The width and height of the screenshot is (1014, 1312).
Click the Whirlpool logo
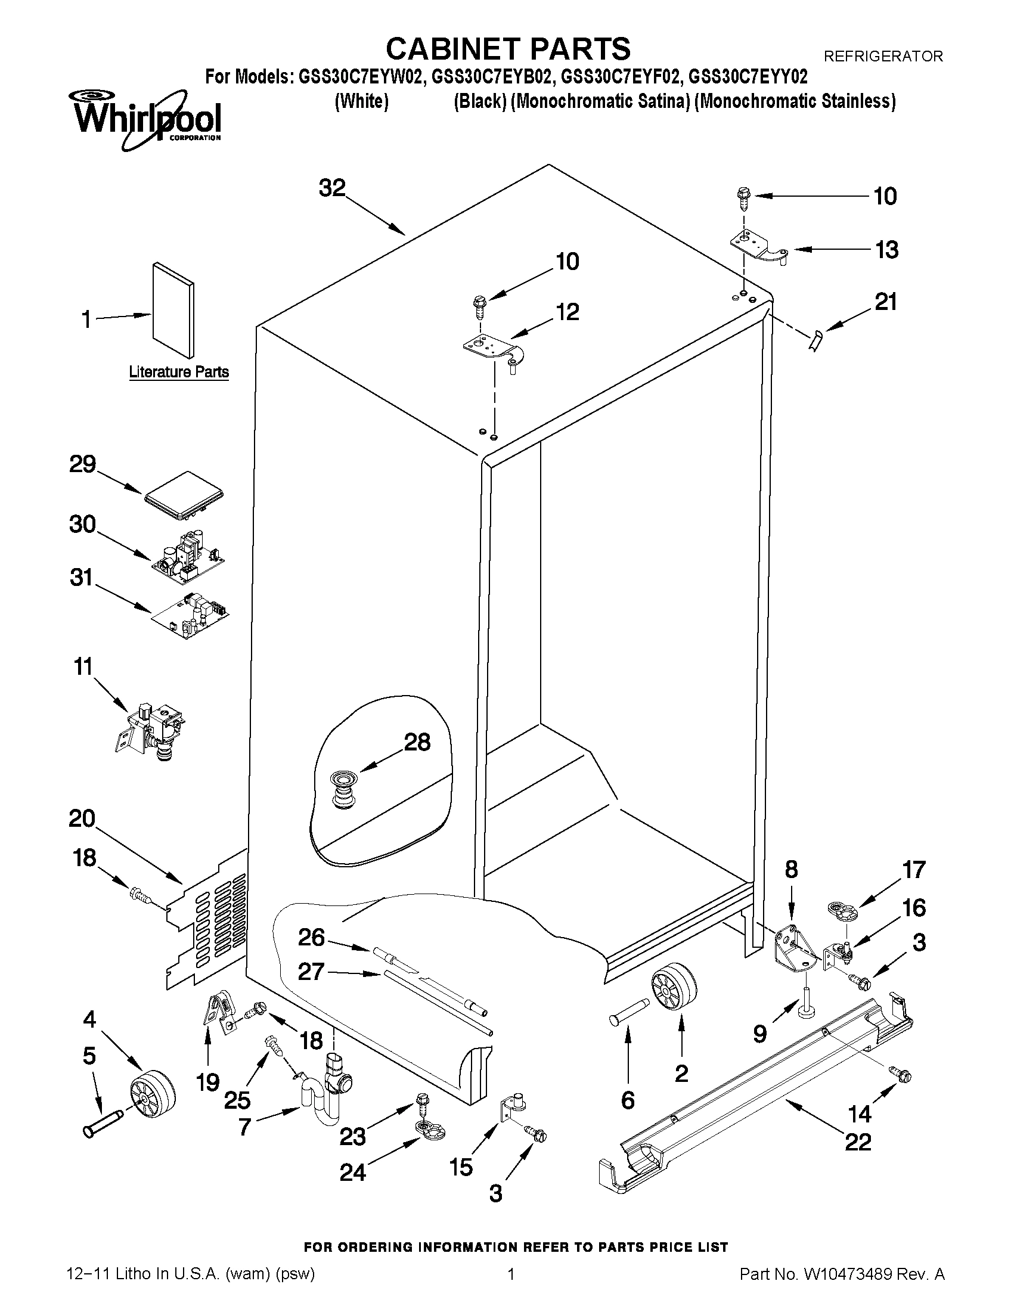(147, 120)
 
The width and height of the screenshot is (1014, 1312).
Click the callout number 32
(332, 188)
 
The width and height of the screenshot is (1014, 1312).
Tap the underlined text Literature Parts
(178, 372)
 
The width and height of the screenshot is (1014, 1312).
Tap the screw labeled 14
(901, 1075)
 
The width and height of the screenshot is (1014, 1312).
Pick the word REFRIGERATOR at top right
(882, 57)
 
